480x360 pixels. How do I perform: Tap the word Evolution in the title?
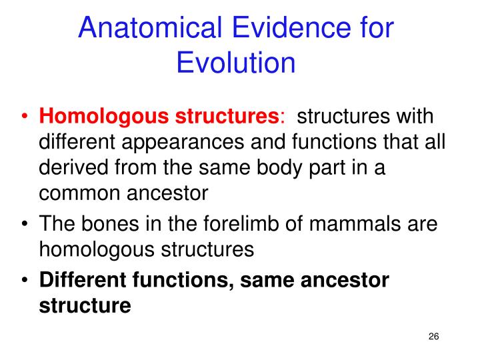tap(236, 63)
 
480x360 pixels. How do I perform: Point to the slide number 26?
tap(433, 336)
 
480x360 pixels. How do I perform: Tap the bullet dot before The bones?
tap(25, 224)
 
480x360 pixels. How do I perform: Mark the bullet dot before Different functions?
tap(25, 281)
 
